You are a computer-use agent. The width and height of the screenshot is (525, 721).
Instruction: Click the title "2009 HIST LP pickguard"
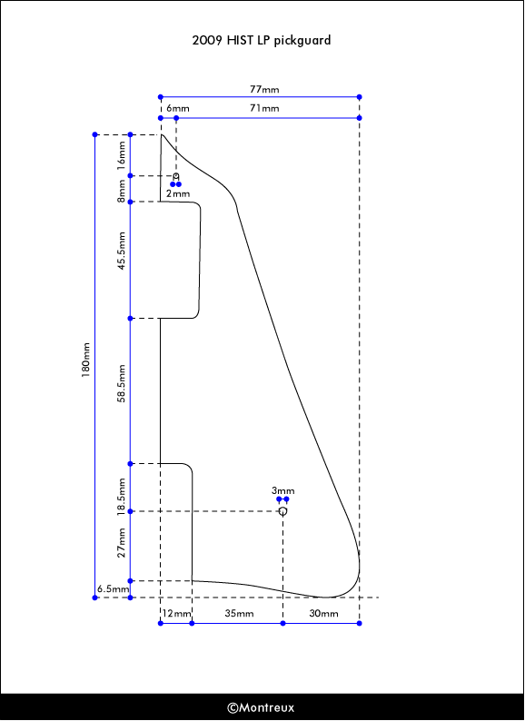pos(262,41)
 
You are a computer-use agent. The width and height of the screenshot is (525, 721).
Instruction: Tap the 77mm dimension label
pos(264,89)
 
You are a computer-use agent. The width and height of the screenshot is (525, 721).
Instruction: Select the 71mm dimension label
pos(264,109)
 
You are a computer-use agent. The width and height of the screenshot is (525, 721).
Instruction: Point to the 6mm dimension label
pos(178,109)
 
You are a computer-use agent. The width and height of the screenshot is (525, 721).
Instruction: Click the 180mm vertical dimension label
pos(86,360)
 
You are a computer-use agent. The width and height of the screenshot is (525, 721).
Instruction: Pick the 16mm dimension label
pos(121,155)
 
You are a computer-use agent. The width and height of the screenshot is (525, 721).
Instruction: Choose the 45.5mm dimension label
pos(122,251)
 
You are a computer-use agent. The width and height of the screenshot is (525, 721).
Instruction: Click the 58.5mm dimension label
pos(122,383)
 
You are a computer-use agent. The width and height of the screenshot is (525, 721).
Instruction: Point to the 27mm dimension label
pos(122,543)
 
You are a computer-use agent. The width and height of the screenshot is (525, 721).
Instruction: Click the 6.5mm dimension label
pos(114,588)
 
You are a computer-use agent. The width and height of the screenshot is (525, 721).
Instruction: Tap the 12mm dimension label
pos(176,614)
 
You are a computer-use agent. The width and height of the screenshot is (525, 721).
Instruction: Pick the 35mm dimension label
pos(239,614)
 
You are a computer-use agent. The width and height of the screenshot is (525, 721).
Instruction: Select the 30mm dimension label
pos(323,614)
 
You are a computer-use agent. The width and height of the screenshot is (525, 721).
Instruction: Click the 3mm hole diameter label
pos(283,490)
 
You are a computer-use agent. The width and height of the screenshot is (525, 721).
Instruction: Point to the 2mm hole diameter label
pos(178,193)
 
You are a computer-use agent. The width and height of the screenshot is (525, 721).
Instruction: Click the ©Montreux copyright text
pos(261,707)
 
